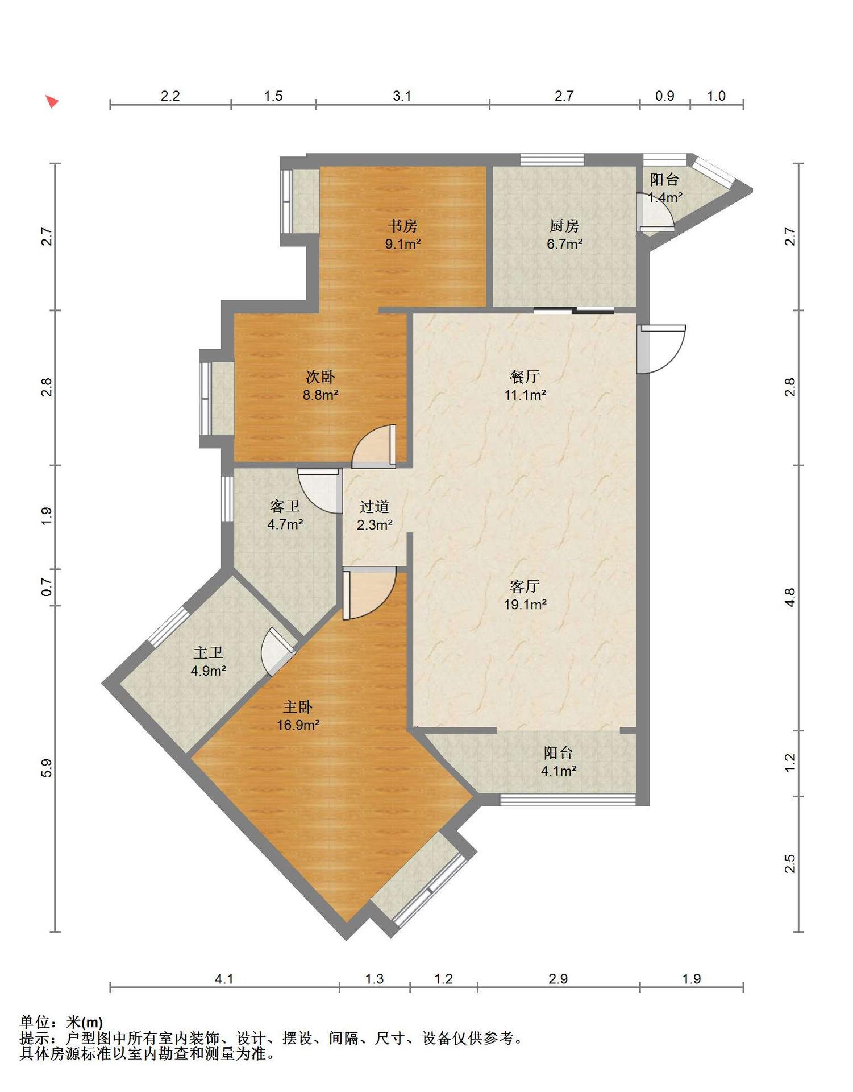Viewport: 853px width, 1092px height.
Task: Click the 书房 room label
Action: tap(403, 226)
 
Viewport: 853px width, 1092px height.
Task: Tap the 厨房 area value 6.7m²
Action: tap(564, 245)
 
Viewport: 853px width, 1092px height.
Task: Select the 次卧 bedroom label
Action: tap(321, 377)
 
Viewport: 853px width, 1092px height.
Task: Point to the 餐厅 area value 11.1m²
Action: tap(526, 395)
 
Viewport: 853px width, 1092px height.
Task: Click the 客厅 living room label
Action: tap(525, 586)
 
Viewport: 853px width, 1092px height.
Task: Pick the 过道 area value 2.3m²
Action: tap(375, 525)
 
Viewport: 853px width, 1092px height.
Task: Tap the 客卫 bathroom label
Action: tap(285, 506)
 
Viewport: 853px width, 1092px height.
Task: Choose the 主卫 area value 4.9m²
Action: tap(209, 671)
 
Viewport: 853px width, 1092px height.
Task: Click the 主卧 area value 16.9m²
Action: tap(298, 725)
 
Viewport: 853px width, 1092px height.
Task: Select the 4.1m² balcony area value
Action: tap(559, 771)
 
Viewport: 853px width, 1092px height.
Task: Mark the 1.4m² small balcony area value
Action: tap(665, 198)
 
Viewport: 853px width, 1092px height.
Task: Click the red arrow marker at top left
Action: tap(52, 102)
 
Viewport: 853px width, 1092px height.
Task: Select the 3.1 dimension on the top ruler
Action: tap(402, 96)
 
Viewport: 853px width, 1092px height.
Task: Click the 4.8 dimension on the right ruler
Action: tap(790, 597)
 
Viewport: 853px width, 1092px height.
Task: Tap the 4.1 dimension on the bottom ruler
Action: tap(224, 979)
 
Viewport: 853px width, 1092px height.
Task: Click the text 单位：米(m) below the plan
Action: tap(61, 1022)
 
